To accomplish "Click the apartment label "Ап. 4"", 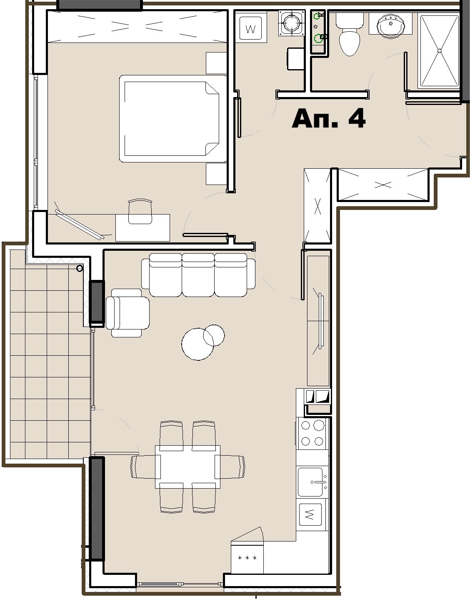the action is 329,118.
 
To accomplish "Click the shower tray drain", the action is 440,50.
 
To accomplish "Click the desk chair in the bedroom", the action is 140,212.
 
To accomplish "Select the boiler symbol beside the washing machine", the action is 292,23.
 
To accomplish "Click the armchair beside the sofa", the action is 127,313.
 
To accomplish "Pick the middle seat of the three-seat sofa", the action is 198,275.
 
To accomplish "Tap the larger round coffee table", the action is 197,344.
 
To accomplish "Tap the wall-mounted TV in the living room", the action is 320,321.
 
